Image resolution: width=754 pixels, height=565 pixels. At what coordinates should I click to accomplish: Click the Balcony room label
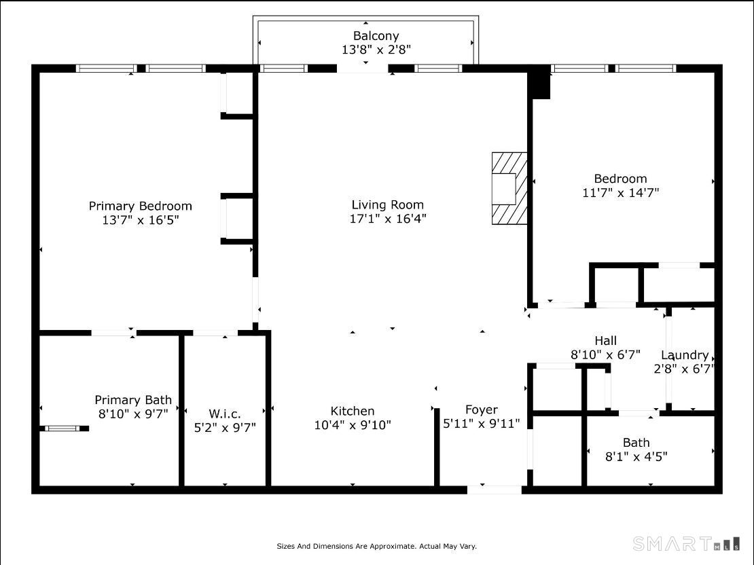(x=376, y=36)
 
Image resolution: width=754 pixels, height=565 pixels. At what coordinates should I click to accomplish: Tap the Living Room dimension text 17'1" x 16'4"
(x=388, y=219)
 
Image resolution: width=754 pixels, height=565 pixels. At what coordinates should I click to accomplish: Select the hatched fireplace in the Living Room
(x=509, y=188)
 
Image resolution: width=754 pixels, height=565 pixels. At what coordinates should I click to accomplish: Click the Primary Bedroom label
(x=140, y=206)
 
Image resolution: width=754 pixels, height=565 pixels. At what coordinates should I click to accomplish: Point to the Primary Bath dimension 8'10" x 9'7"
(x=132, y=414)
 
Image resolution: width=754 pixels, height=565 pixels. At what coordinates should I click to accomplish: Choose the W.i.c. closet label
(x=225, y=414)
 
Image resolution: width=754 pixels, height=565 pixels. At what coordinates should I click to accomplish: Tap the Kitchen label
(x=352, y=411)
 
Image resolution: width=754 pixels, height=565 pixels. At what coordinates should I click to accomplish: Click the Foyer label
(x=481, y=409)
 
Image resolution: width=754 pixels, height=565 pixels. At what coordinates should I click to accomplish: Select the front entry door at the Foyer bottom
(x=495, y=488)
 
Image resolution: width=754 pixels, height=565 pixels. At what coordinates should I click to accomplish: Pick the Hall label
(x=605, y=340)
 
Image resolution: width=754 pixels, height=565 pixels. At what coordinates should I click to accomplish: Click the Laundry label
(x=685, y=355)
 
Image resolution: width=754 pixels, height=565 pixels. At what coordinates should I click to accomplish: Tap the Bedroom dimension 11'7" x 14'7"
(x=620, y=193)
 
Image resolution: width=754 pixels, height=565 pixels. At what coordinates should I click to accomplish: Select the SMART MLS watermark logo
(x=685, y=544)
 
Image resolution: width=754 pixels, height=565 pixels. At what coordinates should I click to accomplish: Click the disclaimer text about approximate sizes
(x=376, y=546)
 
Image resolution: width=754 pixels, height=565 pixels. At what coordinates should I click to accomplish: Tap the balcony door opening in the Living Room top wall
(x=363, y=69)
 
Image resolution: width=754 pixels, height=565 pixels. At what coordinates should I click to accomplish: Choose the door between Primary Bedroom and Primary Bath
(x=113, y=333)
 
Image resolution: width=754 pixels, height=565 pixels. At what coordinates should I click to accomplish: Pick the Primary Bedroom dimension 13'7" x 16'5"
(x=139, y=220)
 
